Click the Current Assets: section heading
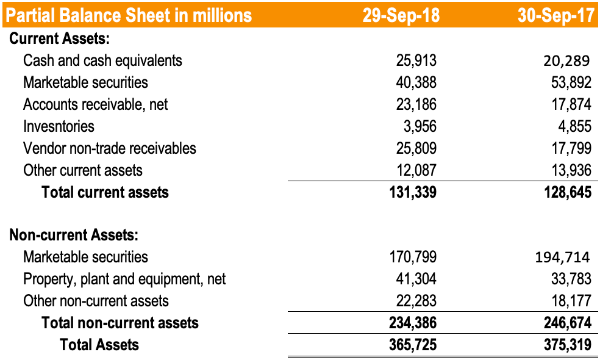[x=59, y=38]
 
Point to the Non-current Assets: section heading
[x=74, y=235]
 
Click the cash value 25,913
[x=416, y=60]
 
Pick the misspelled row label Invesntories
[x=59, y=126]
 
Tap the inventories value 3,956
[x=420, y=126]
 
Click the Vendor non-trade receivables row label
[x=110, y=148]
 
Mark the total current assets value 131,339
[x=413, y=192]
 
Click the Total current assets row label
[x=105, y=192]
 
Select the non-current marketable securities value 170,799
[x=413, y=257]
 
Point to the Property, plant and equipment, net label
[x=124, y=279]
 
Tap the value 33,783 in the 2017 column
[x=571, y=279]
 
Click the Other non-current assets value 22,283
[x=416, y=301]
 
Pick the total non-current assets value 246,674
[x=567, y=323]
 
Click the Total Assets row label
[x=99, y=345]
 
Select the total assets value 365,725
[x=413, y=345]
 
